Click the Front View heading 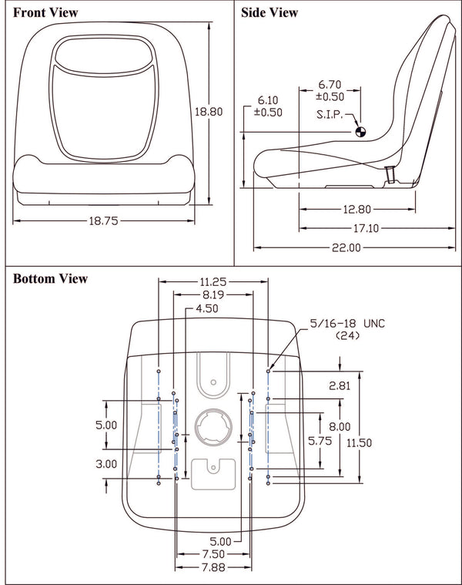pyautogui.click(x=45, y=13)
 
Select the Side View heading pyautogui.click(x=269, y=13)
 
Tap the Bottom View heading pyautogui.click(x=51, y=278)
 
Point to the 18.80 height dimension pyautogui.click(x=208, y=112)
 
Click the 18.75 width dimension pyautogui.click(x=102, y=220)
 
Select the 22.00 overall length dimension pyautogui.click(x=346, y=247)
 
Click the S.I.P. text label pyautogui.click(x=331, y=115)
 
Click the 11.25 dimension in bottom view pyautogui.click(x=213, y=281)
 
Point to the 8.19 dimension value pyautogui.click(x=213, y=294)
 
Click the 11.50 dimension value pyautogui.click(x=360, y=442)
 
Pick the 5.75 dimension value pyautogui.click(x=320, y=441)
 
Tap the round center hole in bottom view pyautogui.click(x=212, y=425)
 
